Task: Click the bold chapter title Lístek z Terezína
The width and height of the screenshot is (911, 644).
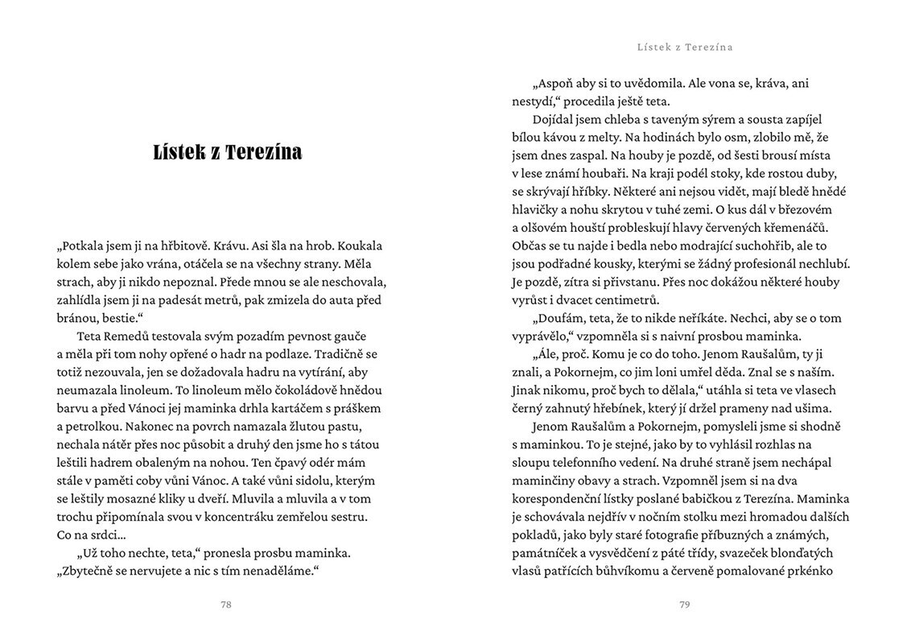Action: click(228, 152)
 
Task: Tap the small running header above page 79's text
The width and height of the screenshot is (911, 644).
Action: click(684, 47)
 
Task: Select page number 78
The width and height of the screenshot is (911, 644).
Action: click(226, 605)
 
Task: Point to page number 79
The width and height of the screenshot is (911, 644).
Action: click(684, 605)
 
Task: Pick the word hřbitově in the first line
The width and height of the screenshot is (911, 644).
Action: click(183, 246)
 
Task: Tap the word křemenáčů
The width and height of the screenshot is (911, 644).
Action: click(794, 228)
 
